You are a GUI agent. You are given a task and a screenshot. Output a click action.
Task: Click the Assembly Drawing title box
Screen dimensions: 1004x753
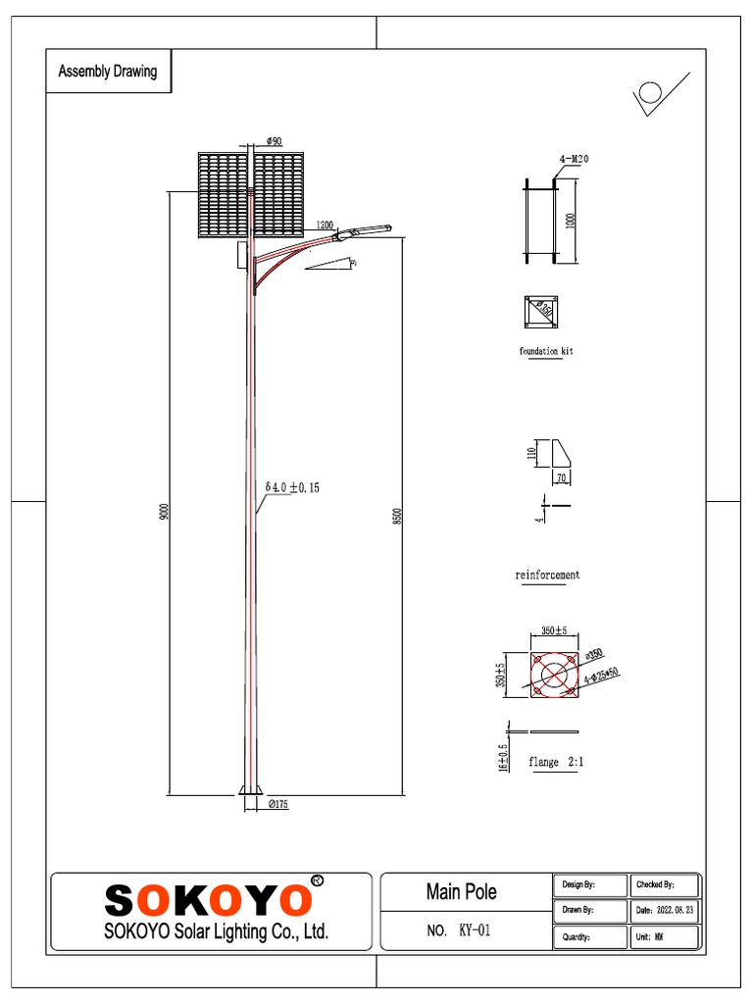[108, 72]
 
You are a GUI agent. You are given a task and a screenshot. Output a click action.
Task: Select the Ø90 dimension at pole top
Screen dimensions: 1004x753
[274, 141]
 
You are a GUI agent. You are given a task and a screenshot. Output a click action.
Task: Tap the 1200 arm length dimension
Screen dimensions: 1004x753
[325, 225]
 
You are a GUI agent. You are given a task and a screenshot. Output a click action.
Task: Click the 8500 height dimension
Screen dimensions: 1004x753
[397, 516]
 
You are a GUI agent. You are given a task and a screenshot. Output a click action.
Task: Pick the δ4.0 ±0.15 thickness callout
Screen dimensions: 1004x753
[292, 486]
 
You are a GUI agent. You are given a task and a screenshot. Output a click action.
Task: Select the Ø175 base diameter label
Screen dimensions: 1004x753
[278, 804]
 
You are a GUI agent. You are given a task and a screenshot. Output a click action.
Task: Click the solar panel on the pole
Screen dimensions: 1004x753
[251, 195]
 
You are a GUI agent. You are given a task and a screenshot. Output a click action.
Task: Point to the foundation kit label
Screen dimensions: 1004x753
[546, 351]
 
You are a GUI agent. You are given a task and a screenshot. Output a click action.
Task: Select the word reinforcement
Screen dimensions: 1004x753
[547, 575]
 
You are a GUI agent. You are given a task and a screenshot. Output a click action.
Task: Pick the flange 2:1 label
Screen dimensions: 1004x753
[557, 762]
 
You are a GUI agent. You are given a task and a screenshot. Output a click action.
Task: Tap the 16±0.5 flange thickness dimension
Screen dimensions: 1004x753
[503, 758]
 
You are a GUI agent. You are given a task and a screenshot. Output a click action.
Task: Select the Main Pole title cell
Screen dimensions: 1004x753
[461, 891]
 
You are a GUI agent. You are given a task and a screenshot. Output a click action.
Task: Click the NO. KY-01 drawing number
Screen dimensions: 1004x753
[459, 930]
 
